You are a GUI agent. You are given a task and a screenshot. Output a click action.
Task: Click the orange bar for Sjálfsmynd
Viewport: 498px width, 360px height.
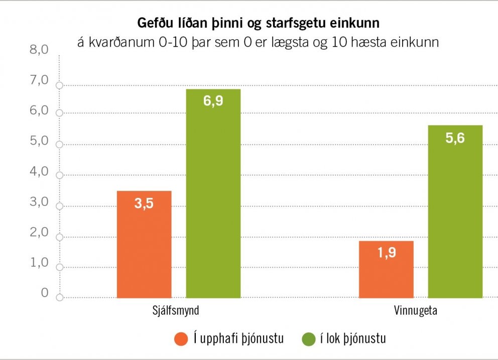(144, 245)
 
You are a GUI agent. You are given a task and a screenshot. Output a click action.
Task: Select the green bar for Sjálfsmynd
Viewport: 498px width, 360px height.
(213, 193)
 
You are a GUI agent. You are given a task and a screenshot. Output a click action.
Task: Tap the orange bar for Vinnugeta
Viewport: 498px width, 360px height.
(386, 270)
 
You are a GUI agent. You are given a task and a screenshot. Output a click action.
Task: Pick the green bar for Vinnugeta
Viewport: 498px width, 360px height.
(455, 211)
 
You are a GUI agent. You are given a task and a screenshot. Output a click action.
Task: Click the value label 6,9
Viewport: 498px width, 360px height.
(213, 101)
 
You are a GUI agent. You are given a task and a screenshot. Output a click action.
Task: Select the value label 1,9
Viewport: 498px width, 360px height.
(386, 253)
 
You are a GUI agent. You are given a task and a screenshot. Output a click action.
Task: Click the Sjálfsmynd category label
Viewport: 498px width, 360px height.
(176, 311)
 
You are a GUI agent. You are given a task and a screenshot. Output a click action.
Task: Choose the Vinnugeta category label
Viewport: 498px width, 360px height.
(415, 311)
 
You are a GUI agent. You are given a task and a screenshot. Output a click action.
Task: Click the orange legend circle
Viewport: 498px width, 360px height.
(181, 339)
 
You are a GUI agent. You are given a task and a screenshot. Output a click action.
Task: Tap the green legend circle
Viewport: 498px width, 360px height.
(308, 339)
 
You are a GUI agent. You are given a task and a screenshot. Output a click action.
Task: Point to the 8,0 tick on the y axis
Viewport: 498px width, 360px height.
(38, 50)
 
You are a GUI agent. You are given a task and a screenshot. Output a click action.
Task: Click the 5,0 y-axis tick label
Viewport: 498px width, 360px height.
(38, 141)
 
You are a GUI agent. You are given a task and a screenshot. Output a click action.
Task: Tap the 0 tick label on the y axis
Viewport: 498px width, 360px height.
(45, 293)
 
